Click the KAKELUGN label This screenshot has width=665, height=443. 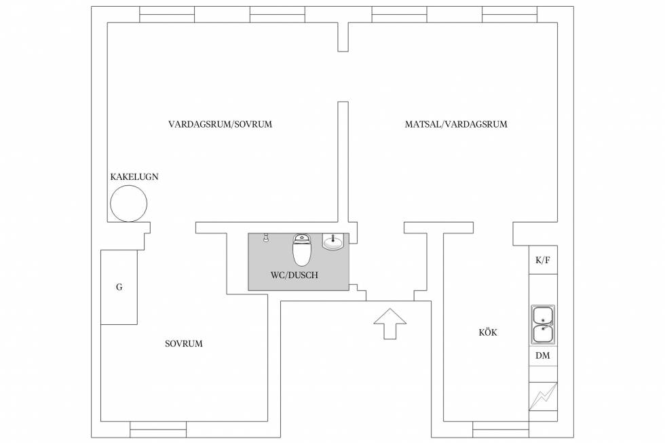134,177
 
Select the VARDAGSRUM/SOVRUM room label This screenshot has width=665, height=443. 220,124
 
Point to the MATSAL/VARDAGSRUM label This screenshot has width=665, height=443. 456,124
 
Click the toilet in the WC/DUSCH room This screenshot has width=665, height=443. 302,250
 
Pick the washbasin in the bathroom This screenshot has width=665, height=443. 334,242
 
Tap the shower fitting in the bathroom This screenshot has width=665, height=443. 266,237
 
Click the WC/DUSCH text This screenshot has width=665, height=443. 294,275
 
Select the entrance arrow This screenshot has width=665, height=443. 389,324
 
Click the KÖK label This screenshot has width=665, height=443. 488,332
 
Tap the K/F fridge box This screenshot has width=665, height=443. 543,260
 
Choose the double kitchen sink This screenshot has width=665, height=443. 543,324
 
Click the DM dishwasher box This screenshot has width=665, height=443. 543,356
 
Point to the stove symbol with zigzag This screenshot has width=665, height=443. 543,397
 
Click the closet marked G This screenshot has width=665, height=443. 119,287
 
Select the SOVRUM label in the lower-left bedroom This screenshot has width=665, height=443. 184,344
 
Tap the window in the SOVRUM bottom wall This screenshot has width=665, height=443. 158,429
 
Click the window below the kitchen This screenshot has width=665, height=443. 501,429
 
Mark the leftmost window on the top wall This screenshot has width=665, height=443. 167,14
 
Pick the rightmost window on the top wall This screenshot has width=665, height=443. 510,14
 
